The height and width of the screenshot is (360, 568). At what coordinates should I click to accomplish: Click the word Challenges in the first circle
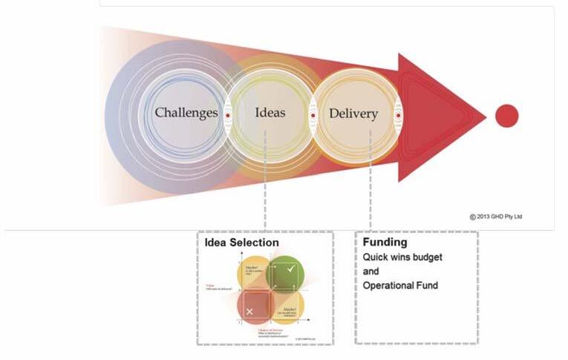pyautogui.click(x=186, y=113)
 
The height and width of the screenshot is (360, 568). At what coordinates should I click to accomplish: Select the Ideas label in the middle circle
pyautogui.click(x=270, y=113)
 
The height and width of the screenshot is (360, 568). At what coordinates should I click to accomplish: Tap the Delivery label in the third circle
pyautogui.click(x=353, y=114)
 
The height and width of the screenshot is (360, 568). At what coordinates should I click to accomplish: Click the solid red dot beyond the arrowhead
pyautogui.click(x=506, y=116)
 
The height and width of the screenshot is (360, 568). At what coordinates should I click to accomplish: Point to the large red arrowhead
pyautogui.click(x=438, y=117)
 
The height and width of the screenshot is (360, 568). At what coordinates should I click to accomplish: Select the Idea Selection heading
pyautogui.click(x=242, y=243)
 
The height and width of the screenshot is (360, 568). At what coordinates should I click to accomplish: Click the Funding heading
pyautogui.click(x=385, y=242)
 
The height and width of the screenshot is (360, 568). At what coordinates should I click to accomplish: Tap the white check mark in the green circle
pyautogui.click(x=290, y=269)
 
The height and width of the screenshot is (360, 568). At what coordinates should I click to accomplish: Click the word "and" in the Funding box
pyautogui.click(x=370, y=272)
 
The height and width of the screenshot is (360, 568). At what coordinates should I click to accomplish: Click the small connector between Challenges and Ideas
pyautogui.click(x=228, y=116)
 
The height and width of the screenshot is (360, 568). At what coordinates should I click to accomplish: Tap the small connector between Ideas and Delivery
pyautogui.click(x=312, y=116)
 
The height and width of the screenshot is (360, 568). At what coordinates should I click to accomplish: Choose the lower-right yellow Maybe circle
pyautogui.click(x=290, y=306)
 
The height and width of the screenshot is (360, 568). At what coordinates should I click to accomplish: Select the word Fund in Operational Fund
pyautogui.click(x=427, y=286)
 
